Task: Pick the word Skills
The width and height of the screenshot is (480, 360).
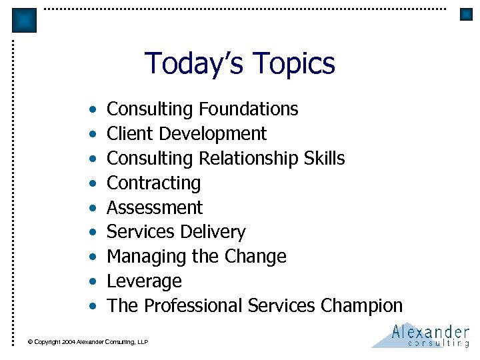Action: pos(325,158)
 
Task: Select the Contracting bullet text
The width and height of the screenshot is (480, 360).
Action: pos(153,183)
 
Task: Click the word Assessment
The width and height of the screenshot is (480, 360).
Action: pos(155,207)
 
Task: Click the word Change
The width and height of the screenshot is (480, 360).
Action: pos(257,257)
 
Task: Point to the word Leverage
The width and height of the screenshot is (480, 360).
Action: pos(144,281)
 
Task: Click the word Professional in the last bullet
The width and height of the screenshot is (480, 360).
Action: pos(193,306)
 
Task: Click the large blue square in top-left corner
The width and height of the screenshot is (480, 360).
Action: pos(25,20)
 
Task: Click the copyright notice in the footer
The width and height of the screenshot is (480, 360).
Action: pos(87,342)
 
